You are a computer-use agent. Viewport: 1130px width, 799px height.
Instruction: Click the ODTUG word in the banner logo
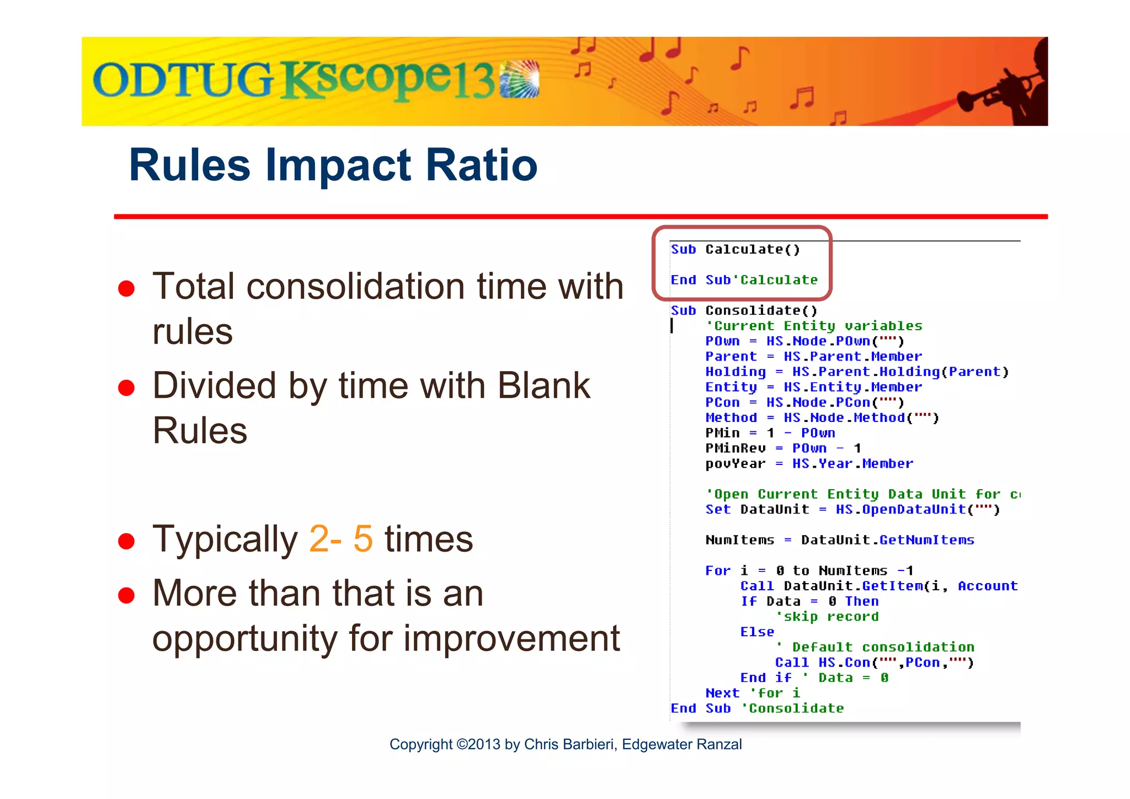(182, 80)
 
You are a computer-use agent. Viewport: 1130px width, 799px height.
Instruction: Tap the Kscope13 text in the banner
(389, 80)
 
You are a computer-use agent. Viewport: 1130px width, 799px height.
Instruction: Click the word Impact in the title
(338, 165)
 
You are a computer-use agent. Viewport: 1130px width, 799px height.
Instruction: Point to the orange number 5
(363, 539)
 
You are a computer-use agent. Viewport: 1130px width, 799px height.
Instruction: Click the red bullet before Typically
(126, 541)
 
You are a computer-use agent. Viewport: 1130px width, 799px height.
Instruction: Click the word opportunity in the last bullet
(244, 639)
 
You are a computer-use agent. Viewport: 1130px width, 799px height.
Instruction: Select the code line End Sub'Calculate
(744, 280)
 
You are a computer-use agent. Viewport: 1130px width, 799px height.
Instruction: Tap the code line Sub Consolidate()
(744, 310)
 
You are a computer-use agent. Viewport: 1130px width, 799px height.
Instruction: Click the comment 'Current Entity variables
(814, 326)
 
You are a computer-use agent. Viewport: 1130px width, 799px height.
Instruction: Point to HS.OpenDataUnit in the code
(900, 509)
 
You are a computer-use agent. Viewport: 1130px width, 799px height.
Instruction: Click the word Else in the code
(757, 632)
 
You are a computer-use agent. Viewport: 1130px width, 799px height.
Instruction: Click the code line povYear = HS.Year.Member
(809, 464)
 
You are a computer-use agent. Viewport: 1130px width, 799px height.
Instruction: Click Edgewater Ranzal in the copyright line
(681, 744)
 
